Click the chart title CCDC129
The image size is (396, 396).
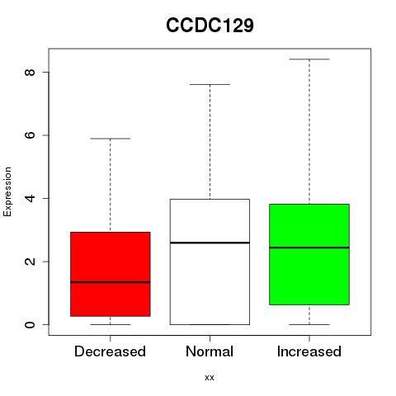[x=210, y=26]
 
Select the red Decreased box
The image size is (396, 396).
[x=111, y=274]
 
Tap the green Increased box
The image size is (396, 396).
[x=309, y=254]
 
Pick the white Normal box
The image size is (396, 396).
[x=210, y=262]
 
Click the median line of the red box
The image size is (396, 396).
[x=111, y=282]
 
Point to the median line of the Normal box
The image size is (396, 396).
[x=210, y=243]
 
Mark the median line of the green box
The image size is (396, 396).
[x=309, y=247]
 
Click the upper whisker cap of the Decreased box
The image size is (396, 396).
[x=111, y=139]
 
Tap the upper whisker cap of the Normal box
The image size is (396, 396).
[x=210, y=84]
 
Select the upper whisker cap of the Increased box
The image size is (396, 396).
[x=309, y=59]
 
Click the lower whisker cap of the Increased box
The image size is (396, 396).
[x=309, y=324]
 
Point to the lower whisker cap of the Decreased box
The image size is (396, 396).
[x=111, y=324]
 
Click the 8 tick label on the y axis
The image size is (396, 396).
[x=30, y=72]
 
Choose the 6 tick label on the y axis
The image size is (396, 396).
[x=30, y=135]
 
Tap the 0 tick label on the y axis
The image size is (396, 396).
[x=30, y=324]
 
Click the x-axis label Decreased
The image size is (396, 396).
[x=110, y=351]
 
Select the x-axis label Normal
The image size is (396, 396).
[x=210, y=351]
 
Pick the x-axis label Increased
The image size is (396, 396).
[x=309, y=351]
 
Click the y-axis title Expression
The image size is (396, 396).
[x=7, y=191]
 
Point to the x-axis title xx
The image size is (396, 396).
[x=210, y=378]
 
